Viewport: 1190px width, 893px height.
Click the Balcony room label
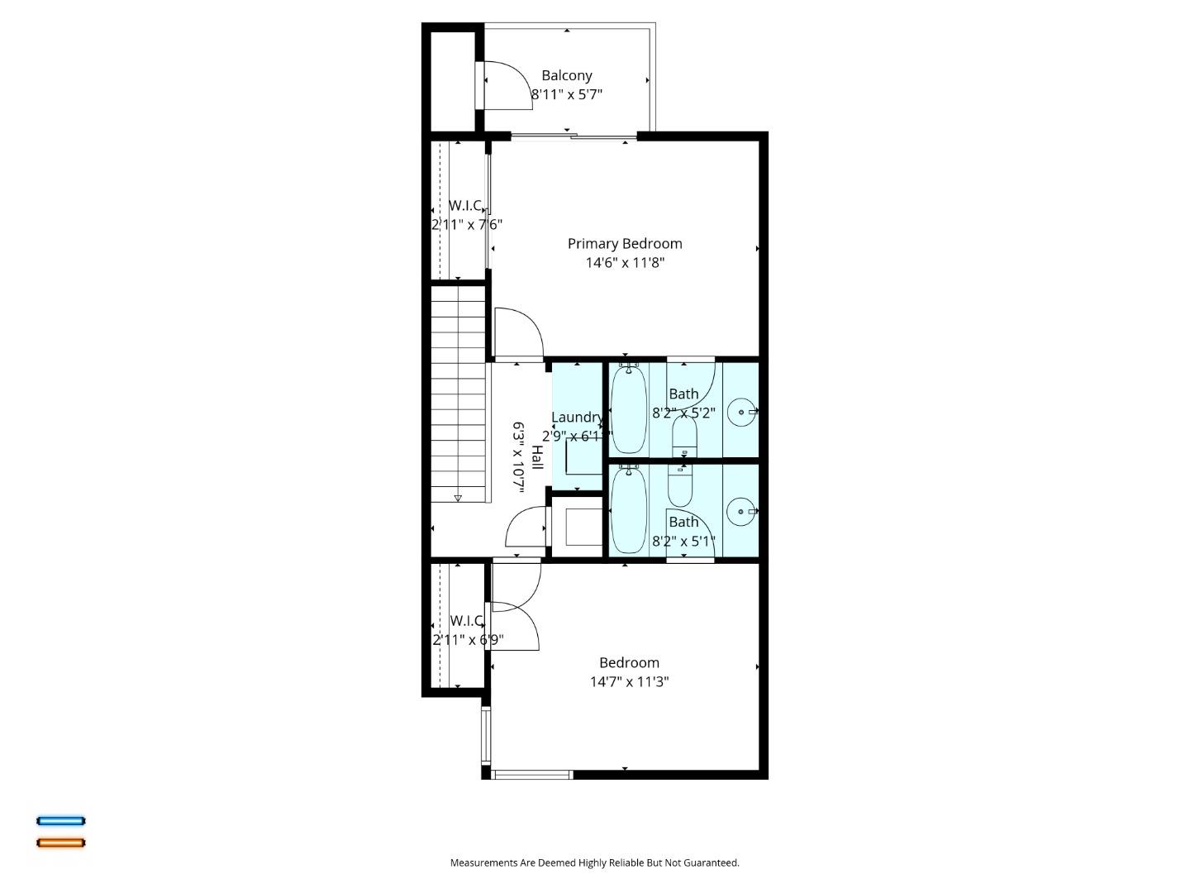click(x=567, y=75)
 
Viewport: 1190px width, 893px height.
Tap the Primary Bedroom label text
click(x=625, y=243)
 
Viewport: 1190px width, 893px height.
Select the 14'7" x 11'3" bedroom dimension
click(x=629, y=682)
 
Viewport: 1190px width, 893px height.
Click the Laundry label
click(x=576, y=418)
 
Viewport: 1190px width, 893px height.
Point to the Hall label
click(x=537, y=457)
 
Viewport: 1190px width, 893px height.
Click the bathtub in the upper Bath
click(x=629, y=409)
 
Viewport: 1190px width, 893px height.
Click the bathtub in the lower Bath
click(x=629, y=510)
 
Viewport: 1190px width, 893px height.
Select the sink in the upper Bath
click(x=741, y=411)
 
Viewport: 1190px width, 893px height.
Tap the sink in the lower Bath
click(x=741, y=511)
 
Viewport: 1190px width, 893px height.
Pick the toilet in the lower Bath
click(x=680, y=487)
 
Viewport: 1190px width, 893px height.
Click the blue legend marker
click(x=60, y=821)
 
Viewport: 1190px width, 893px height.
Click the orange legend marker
click(x=60, y=843)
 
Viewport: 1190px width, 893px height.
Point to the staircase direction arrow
click(x=458, y=498)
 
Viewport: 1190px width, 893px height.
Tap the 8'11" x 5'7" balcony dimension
click(x=567, y=94)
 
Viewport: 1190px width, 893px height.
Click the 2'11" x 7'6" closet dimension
click(x=467, y=224)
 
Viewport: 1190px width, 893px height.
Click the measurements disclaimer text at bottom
click(x=594, y=862)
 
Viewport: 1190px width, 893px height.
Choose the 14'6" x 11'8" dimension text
click(x=625, y=263)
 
